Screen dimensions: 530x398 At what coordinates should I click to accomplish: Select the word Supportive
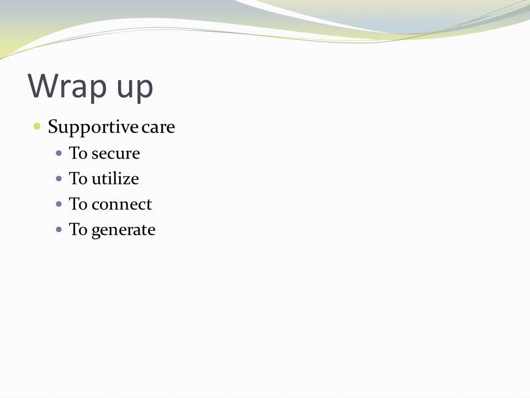[93, 128]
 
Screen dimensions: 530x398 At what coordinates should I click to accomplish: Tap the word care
[158, 128]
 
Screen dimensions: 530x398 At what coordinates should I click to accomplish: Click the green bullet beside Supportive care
[37, 127]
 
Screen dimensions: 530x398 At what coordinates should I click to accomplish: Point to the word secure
[115, 154]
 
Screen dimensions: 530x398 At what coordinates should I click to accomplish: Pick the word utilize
[115, 179]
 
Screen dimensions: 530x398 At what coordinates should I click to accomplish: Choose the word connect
[121, 205]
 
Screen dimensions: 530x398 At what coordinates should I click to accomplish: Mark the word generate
[123, 231]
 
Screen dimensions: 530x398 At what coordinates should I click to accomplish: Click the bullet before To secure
[59, 154]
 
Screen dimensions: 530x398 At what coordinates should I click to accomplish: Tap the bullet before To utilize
[59, 179]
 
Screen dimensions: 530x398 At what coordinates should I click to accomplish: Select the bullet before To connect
[59, 205]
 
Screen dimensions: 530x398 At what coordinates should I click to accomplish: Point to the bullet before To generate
[59, 230]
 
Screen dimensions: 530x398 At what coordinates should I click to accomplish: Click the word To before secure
[78, 153]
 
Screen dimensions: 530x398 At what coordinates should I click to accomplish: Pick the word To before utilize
[78, 179]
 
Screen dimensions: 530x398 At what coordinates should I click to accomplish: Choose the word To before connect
[78, 204]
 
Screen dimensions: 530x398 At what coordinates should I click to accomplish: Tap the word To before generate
[78, 229]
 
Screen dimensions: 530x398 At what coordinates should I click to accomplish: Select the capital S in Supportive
[54, 126]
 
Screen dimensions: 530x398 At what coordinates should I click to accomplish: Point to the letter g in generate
[96, 232]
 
